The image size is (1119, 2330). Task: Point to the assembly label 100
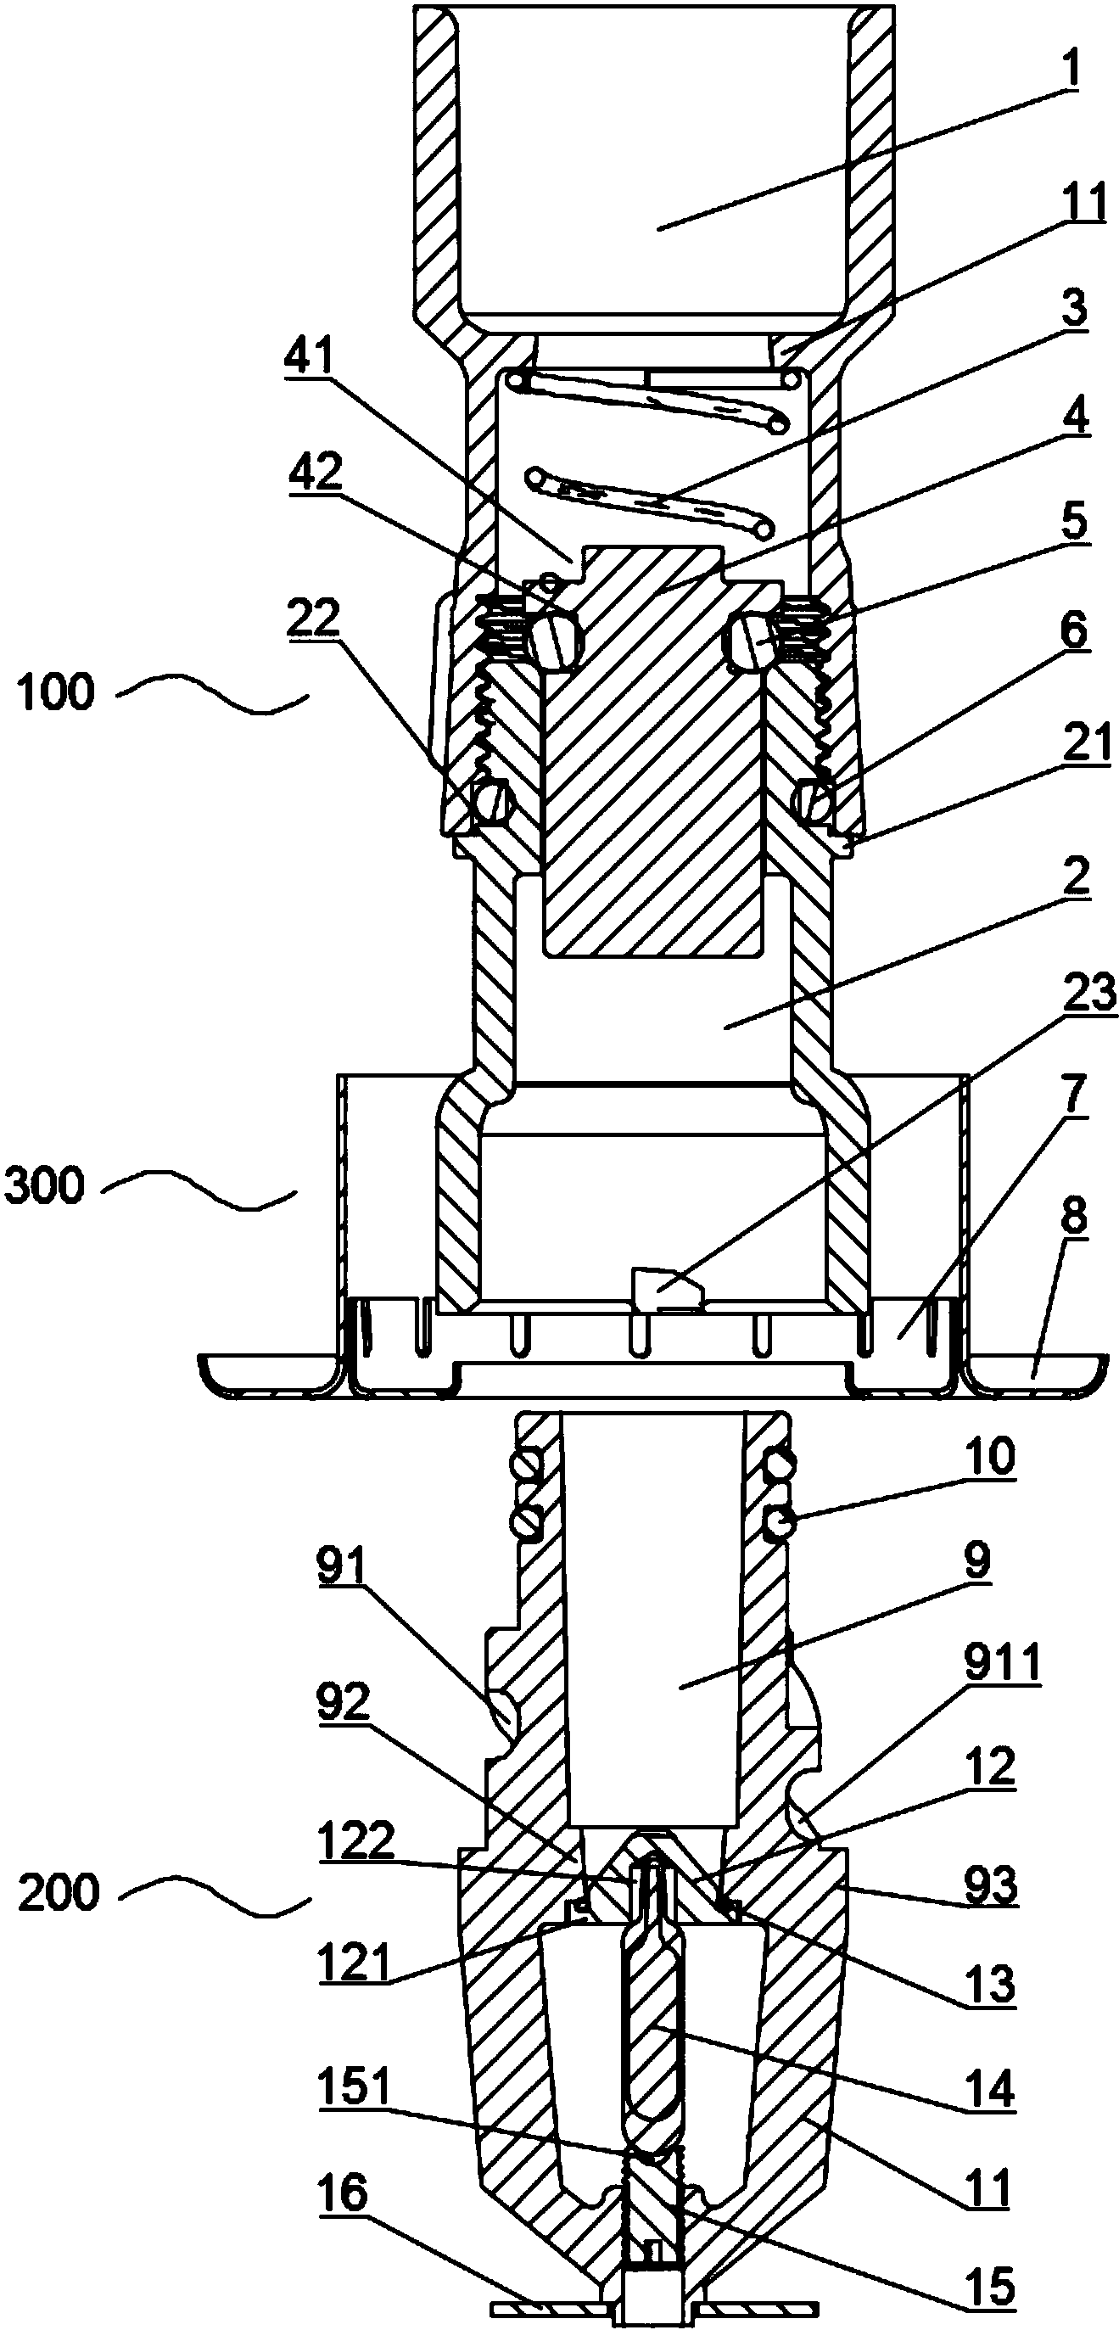coord(56,693)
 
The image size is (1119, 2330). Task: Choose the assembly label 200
coord(58,1893)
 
